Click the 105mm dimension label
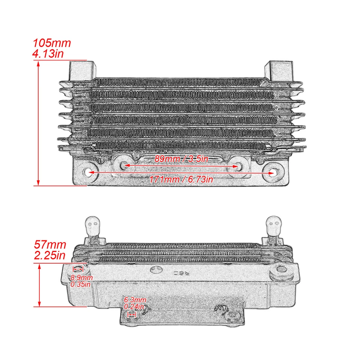52,43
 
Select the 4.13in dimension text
48,53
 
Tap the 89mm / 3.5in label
181,159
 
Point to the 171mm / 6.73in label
181,179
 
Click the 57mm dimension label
50,245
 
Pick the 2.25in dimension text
50,256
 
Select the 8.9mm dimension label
81,278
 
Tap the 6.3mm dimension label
135,300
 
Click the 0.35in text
81,284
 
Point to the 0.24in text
134,307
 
